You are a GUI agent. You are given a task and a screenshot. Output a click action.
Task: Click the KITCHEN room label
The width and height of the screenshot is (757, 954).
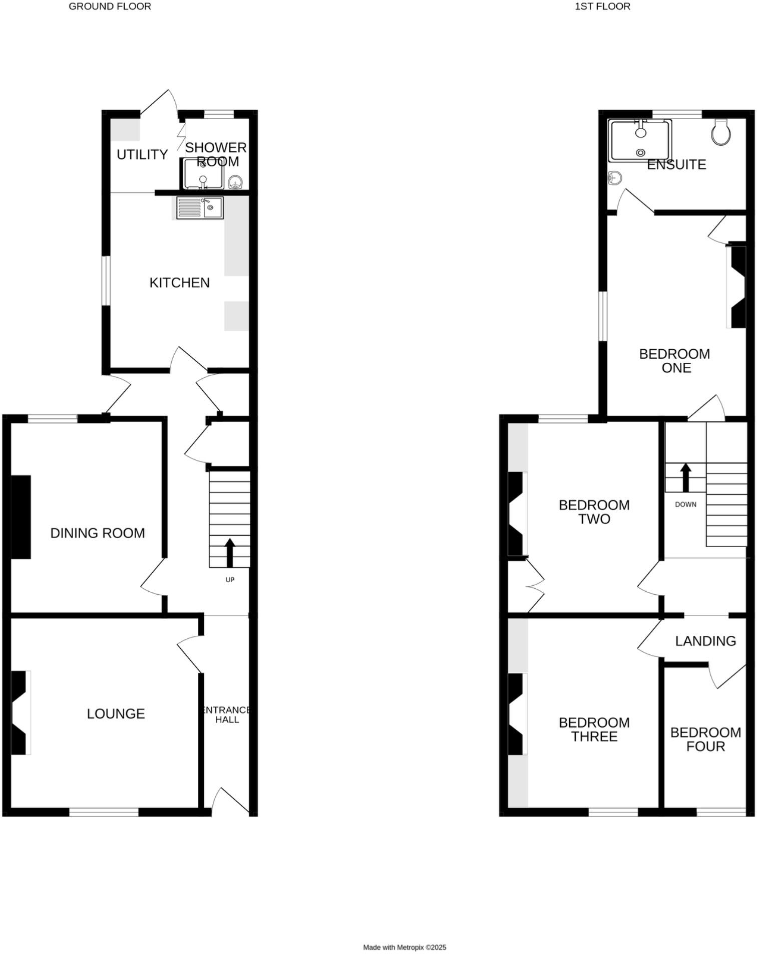pyautogui.click(x=179, y=283)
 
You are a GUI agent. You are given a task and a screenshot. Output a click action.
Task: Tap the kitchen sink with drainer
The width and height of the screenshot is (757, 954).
pyautogui.click(x=200, y=208)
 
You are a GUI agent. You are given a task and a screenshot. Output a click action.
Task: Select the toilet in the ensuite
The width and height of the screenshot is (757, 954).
pyautogui.click(x=721, y=133)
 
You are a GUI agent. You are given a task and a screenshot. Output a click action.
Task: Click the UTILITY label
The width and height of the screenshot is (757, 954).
pyautogui.click(x=142, y=154)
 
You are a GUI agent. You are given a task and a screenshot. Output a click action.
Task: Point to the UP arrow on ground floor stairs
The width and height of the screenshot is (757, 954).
pyautogui.click(x=230, y=552)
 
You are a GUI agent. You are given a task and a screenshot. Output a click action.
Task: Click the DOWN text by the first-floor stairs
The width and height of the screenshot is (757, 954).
pyautogui.click(x=685, y=505)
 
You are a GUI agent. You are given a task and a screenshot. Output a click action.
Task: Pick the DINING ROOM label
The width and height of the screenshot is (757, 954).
pyautogui.click(x=98, y=533)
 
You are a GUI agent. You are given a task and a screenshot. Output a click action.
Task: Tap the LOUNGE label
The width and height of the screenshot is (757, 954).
pyautogui.click(x=116, y=713)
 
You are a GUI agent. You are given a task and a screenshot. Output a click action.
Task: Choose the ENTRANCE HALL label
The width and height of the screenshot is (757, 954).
pyautogui.click(x=227, y=714)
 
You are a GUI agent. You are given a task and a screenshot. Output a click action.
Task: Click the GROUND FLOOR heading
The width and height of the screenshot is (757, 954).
pyautogui.click(x=110, y=7)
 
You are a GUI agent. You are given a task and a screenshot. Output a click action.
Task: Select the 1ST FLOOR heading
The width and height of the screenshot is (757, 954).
pyautogui.click(x=602, y=7)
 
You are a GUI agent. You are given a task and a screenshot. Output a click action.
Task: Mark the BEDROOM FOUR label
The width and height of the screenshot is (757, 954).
pyautogui.click(x=705, y=739)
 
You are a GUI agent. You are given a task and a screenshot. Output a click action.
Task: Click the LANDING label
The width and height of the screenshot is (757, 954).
pyautogui.click(x=705, y=641)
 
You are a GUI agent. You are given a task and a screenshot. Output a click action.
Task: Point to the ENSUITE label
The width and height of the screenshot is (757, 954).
pyautogui.click(x=676, y=164)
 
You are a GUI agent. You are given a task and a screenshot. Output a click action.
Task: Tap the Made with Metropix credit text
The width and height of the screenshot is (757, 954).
pyautogui.click(x=405, y=947)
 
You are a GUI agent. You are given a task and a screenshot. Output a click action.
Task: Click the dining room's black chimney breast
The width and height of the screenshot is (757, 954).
pyautogui.click(x=21, y=517)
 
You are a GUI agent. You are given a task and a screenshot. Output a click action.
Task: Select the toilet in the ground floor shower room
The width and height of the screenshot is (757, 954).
pyautogui.click(x=235, y=182)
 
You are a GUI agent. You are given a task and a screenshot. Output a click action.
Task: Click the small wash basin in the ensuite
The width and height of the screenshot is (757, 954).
pyautogui.click(x=615, y=177)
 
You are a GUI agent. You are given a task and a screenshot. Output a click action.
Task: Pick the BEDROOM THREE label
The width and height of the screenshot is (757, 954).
pyautogui.click(x=594, y=730)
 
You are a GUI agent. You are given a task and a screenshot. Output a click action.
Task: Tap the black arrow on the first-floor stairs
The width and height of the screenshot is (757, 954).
pyautogui.click(x=685, y=477)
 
